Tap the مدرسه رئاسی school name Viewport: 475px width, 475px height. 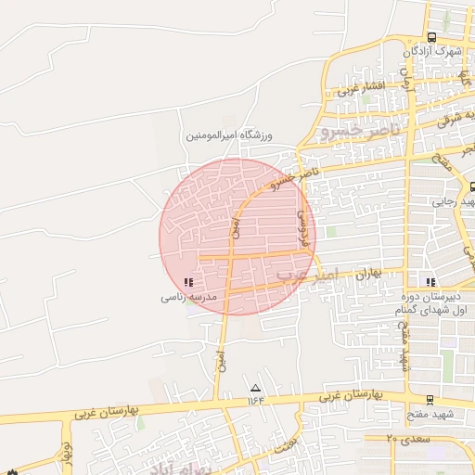tap(189, 298)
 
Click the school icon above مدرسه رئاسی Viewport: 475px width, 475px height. tap(189, 281)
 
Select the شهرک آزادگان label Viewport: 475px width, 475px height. tap(432, 52)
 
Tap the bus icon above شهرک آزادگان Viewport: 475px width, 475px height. tap(432, 36)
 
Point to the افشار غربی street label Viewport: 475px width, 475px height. tap(360, 89)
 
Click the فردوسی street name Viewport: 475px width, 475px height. tap(301, 225)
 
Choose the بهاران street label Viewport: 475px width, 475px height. tap(369, 275)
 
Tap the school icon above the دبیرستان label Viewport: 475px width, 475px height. tap(429, 281)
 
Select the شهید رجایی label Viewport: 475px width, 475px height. tap(454, 201)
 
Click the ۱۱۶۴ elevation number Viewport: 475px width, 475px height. tap(255, 401)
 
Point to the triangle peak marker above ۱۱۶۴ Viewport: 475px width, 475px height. tap(255, 388)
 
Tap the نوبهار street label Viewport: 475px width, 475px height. tap(66, 454)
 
